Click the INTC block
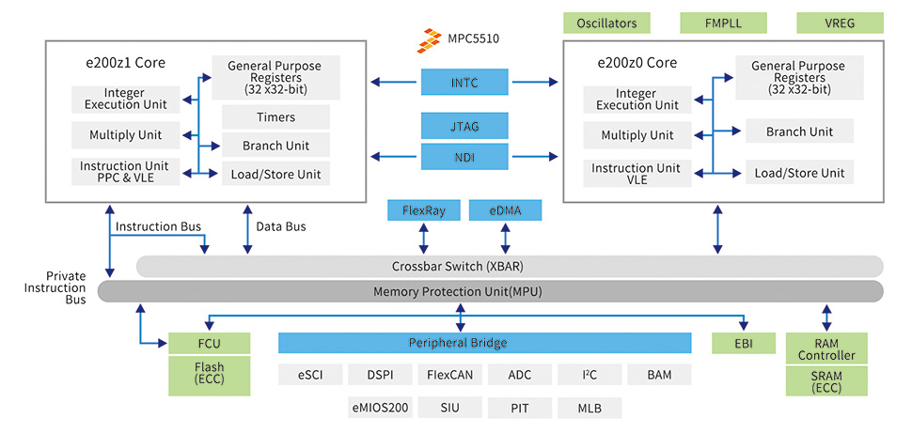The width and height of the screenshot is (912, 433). (x=464, y=83)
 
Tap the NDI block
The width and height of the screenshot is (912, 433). (x=464, y=158)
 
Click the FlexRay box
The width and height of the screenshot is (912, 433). (x=423, y=211)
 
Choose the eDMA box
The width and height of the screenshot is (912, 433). (x=505, y=211)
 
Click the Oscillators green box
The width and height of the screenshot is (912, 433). (x=606, y=23)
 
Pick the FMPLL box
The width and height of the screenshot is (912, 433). (x=723, y=23)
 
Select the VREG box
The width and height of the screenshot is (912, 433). (x=840, y=23)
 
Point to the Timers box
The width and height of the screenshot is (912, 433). (x=275, y=117)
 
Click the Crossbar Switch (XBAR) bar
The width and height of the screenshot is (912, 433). (x=509, y=266)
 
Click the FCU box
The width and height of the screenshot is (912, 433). (x=209, y=343)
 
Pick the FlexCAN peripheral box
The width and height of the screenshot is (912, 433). (x=449, y=375)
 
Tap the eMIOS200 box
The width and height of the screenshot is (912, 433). (x=380, y=408)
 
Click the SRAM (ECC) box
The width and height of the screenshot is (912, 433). (x=826, y=381)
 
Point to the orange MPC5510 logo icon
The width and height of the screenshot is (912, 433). (x=431, y=39)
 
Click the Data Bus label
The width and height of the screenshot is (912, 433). (x=281, y=226)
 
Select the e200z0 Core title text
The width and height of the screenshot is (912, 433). (x=637, y=63)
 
